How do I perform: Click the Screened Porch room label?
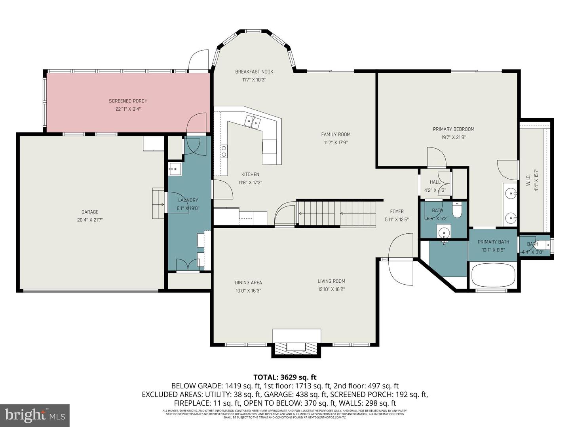pyautogui.click(x=128, y=101)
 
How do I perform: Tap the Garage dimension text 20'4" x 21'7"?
pyautogui.click(x=90, y=220)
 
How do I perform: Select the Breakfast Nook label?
pyautogui.click(x=254, y=72)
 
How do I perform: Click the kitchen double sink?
pyautogui.click(x=252, y=121)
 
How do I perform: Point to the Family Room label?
pyautogui.click(x=336, y=134)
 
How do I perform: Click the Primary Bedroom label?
pyautogui.click(x=453, y=129)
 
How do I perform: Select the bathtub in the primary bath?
pyautogui.click(x=493, y=275)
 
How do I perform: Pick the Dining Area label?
pyautogui.click(x=248, y=283)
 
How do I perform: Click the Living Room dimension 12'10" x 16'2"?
pyautogui.click(x=331, y=289)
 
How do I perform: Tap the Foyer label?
pyautogui.click(x=397, y=212)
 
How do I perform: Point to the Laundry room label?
pyautogui.click(x=188, y=200)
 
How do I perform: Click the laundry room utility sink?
pyautogui.click(x=175, y=169)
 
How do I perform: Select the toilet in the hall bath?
pyautogui.click(x=457, y=211)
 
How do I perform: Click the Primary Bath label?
pyautogui.click(x=493, y=242)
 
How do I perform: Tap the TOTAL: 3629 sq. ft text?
pyautogui.click(x=285, y=377)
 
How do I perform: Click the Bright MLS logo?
pyautogui.click(x=35, y=415)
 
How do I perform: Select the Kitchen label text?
pyautogui.click(x=250, y=174)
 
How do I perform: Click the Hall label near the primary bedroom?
pyautogui.click(x=435, y=182)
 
